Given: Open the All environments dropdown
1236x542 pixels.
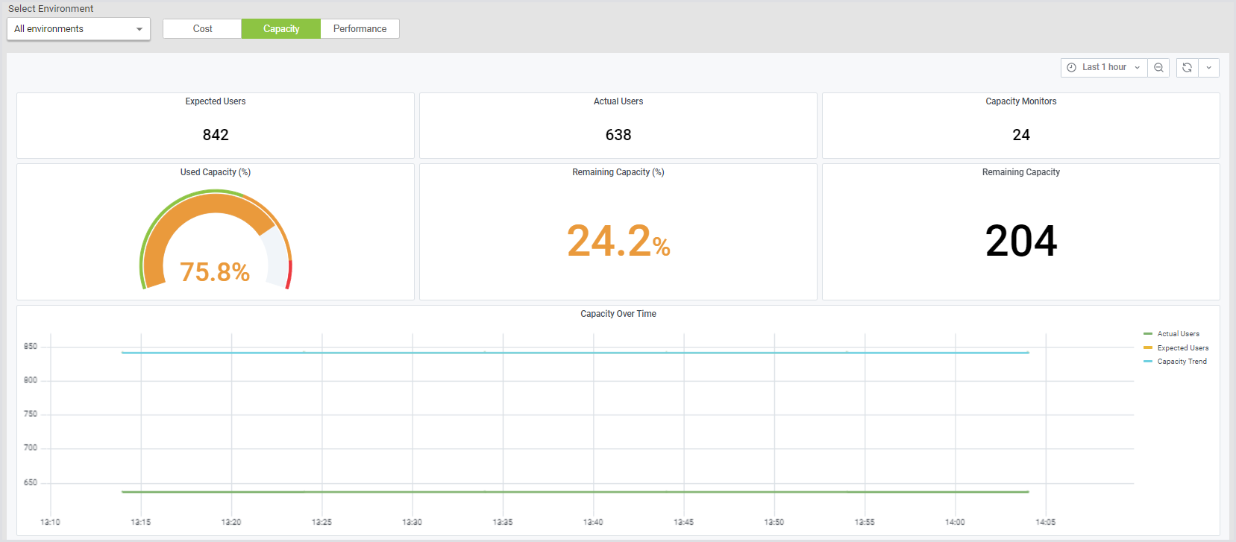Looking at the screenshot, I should tap(78, 29).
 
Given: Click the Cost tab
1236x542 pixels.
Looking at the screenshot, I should tap(202, 29).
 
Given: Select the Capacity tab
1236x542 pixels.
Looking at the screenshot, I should tap(281, 29).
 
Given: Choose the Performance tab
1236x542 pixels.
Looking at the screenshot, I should tap(360, 29).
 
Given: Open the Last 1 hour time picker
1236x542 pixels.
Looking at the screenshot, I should tap(1104, 67).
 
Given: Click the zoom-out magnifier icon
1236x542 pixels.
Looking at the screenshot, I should tap(1158, 67).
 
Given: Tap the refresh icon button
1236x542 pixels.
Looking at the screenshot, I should tap(1187, 67).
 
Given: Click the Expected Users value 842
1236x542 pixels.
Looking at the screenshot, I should tap(216, 135).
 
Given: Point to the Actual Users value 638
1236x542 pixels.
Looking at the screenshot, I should tap(618, 135).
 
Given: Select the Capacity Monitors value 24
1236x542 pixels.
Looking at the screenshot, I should tap(1021, 135).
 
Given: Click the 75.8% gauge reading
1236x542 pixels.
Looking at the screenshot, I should tap(215, 272).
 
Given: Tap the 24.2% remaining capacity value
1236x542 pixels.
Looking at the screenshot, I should tap(618, 241).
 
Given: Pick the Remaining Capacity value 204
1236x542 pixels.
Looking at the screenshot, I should tap(1021, 241).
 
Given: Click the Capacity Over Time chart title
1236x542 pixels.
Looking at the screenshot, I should tap(618, 314).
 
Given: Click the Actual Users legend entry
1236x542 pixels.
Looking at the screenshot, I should tap(1178, 334).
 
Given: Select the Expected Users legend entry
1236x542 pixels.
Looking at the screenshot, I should tap(1182, 348).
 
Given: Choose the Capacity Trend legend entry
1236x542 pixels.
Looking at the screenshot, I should tap(1182, 362).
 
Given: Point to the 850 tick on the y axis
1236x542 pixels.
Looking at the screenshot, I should tap(31, 347).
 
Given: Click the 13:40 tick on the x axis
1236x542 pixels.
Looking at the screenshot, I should tap(593, 522).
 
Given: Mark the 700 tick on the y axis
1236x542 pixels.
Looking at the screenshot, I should tap(31, 448).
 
